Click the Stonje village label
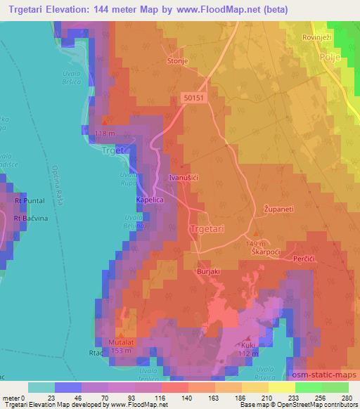pos(177,61)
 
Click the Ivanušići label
pos(187,179)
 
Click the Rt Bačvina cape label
pos(30,219)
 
